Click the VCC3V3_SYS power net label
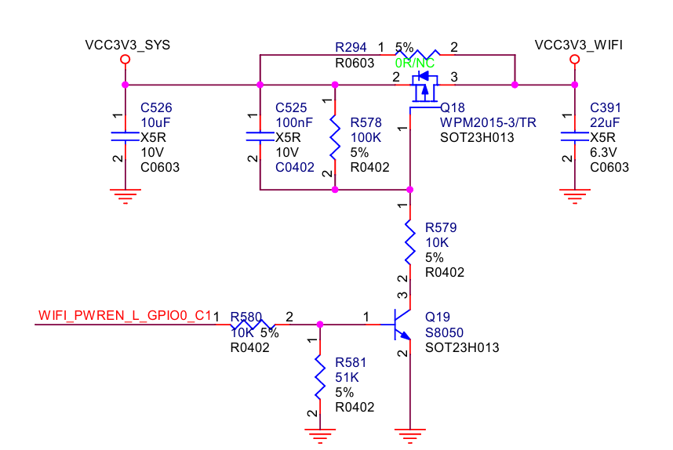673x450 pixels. coord(128,45)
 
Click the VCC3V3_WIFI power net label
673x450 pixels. coord(579,45)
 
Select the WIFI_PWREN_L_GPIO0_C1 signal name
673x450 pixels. coord(125,315)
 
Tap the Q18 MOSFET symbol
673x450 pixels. coord(424,89)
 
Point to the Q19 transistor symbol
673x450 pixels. coord(402,325)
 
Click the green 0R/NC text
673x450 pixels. coord(415,63)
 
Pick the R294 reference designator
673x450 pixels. coord(351,47)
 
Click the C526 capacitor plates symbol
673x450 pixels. coord(126,136)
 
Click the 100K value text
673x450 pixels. coord(366,138)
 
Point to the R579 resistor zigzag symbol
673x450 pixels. coord(410,242)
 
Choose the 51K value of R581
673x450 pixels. coord(347,378)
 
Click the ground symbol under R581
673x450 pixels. coord(320,435)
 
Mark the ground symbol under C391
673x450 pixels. coord(575,196)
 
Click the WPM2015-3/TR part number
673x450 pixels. coord(488,122)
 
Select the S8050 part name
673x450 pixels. coord(444,333)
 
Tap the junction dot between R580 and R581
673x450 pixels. coord(320,325)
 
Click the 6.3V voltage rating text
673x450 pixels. coord(603,152)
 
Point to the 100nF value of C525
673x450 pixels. coord(294,122)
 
